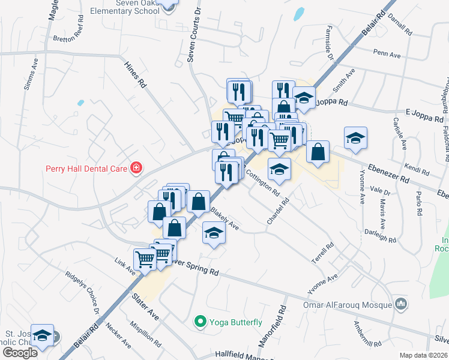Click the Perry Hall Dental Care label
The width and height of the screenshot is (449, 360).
[86, 169]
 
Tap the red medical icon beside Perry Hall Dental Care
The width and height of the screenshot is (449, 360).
[137, 168]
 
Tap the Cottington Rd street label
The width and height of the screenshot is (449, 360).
[262, 184]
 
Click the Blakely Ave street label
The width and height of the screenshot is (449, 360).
[225, 219]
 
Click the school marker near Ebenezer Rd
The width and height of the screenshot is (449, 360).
[355, 138]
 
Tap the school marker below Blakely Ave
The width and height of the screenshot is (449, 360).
[213, 232]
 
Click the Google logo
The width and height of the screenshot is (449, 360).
[20, 352]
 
